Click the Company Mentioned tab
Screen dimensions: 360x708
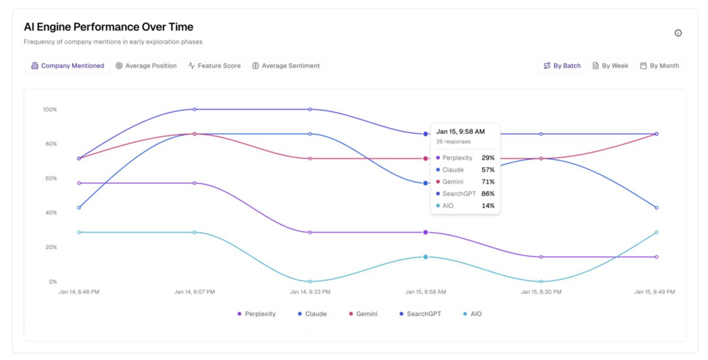68,66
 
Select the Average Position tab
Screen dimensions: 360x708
146,66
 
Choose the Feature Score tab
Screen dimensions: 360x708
214,66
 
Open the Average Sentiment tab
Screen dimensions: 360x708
286,66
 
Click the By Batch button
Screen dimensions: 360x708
562,66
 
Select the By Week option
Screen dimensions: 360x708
610,66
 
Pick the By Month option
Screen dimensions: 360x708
659,66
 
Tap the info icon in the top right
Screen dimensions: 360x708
678,33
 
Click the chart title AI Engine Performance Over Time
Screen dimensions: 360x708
108,27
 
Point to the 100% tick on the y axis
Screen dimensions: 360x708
50,110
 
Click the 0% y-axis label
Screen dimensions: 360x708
53,282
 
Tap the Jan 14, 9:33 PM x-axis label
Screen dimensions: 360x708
310,292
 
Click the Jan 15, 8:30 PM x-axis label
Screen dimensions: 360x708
541,292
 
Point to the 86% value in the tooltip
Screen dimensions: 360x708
488,194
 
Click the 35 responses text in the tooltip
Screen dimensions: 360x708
453,142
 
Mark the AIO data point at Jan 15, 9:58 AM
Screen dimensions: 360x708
425,257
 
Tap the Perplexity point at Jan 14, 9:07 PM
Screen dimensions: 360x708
194,183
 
